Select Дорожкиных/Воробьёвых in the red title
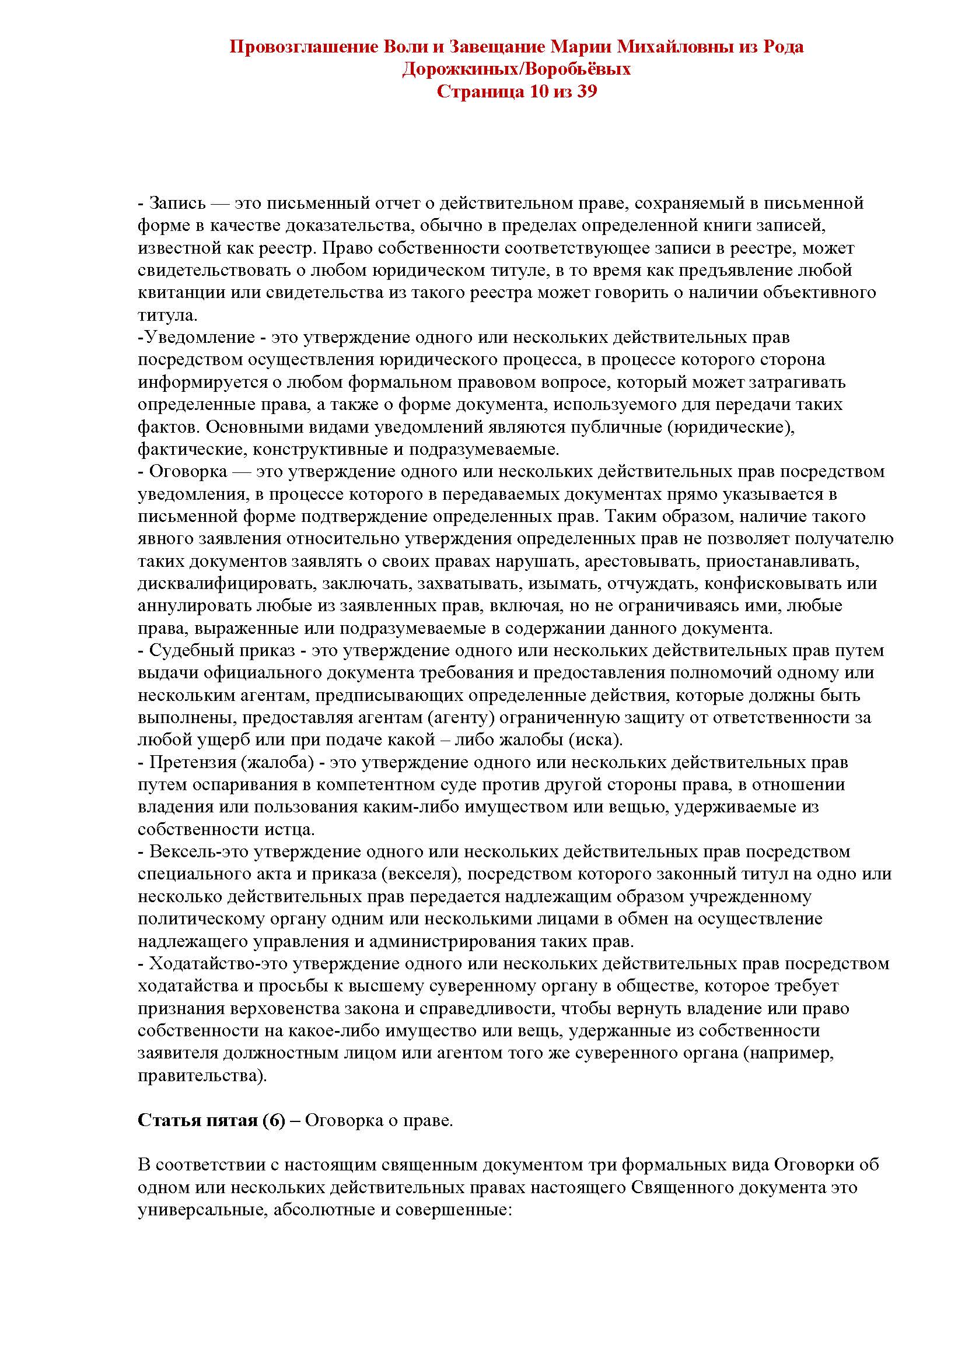point(516,69)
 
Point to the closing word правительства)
point(202,1076)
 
